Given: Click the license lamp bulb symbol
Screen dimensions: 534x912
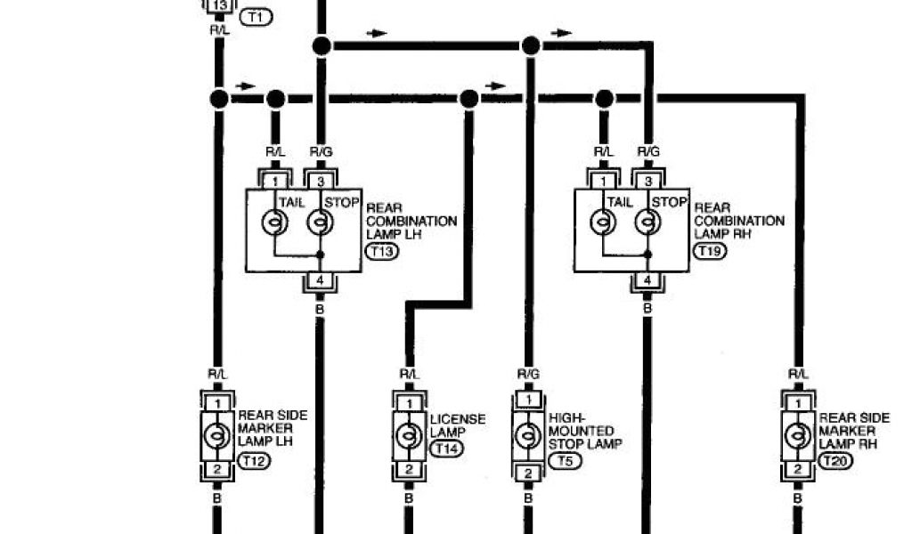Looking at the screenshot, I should [409, 436].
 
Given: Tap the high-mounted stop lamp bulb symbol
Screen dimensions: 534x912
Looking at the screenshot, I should [527, 436].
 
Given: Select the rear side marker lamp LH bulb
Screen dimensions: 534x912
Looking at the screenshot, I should [216, 436].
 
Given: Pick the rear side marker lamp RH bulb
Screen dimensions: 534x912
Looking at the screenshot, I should [796, 436].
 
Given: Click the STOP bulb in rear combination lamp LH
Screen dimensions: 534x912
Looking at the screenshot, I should [320, 222].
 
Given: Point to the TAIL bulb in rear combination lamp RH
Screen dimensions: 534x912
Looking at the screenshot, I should [604, 222].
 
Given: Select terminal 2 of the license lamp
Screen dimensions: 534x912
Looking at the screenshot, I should [409, 470].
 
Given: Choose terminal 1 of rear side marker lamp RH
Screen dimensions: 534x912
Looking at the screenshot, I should [796, 403].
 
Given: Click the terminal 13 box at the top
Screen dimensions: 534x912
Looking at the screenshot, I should [220, 5].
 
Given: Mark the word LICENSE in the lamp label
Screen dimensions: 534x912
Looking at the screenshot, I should [458, 419].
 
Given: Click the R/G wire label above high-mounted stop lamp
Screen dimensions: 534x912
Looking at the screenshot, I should [527, 375].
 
